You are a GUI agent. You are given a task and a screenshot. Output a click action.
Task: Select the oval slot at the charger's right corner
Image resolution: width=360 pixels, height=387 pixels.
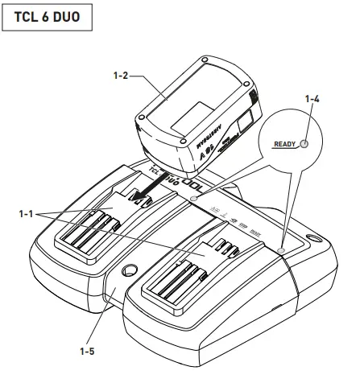point(312,239)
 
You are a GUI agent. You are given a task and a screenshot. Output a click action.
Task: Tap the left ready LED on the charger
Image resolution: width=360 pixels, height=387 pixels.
point(193,196)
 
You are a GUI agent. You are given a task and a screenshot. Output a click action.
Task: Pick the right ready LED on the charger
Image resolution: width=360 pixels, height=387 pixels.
point(280,250)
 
